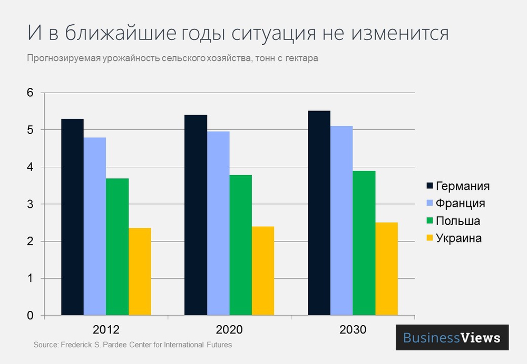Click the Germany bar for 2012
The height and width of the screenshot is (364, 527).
click(72, 217)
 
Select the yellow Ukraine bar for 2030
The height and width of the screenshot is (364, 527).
click(386, 269)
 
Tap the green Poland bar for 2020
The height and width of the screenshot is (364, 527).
click(240, 245)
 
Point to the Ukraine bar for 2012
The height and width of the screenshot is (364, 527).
click(140, 271)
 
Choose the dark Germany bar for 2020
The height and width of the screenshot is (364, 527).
click(196, 215)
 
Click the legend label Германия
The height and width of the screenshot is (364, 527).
click(463, 186)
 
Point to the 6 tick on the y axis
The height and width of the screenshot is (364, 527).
click(30, 93)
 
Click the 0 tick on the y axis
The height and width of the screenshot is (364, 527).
click(30, 316)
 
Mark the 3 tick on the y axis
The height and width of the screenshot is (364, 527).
click(30, 204)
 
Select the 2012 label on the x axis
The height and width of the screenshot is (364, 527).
click(106, 330)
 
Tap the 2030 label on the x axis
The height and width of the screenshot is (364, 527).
click(353, 330)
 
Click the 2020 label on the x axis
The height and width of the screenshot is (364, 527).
click(229, 330)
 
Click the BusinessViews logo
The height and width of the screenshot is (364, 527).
click(452, 338)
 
